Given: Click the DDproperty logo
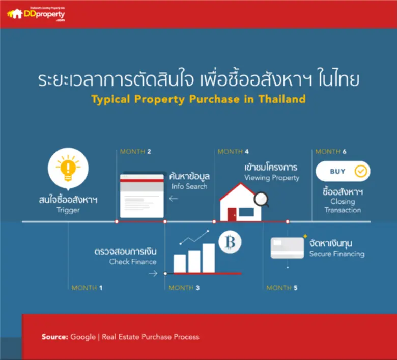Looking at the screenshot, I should point(36,14).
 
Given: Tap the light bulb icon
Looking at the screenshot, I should point(68,167).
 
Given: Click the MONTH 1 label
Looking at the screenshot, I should point(87,288).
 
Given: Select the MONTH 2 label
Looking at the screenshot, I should point(135,152).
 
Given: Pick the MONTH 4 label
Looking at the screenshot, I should point(233,152).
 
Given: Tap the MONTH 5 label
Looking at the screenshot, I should point(282,288).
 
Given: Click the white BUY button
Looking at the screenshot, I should point(343,172).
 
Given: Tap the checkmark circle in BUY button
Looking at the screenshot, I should point(360,172).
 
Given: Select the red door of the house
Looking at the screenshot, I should point(232,214).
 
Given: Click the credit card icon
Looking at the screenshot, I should point(287,248).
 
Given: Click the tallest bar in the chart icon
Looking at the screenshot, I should point(209,258).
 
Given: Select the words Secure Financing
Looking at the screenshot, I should point(336,254).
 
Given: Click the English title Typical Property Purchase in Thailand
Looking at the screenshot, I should point(198,99).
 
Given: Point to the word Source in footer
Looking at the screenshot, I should point(54,337).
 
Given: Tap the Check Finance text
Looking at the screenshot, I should point(133,262).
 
